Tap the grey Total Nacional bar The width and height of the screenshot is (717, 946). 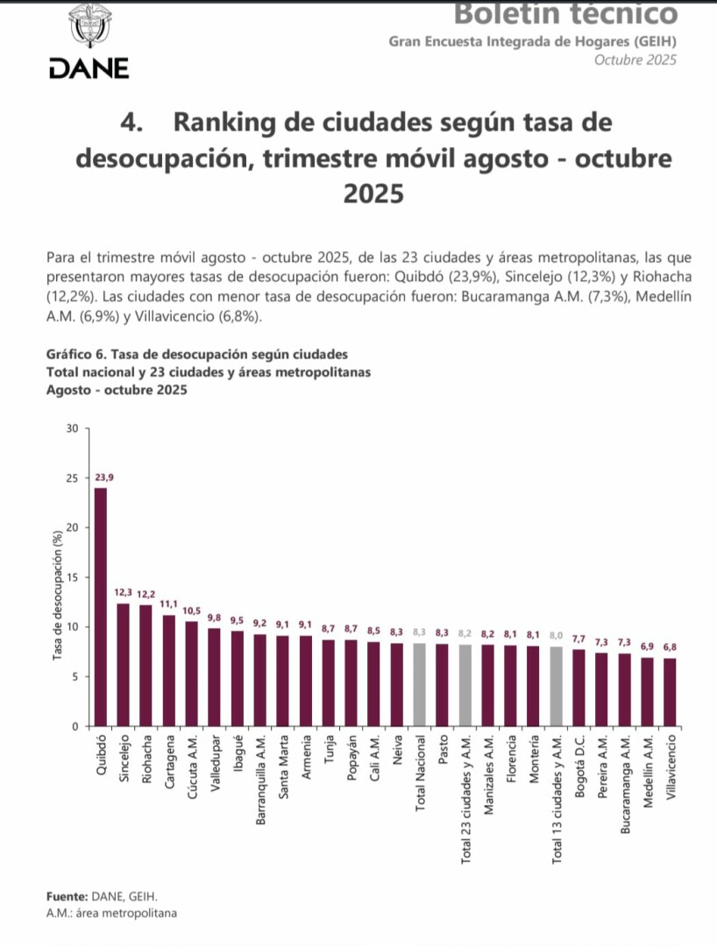tap(419, 684)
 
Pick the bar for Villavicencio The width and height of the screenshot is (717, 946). tap(670, 692)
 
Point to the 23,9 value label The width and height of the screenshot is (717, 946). tap(104, 477)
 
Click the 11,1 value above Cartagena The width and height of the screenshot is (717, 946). tap(169, 604)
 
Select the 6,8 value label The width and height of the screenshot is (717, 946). tap(670, 647)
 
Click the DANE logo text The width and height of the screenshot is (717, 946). tap(89, 67)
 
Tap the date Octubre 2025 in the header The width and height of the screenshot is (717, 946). tap(635, 60)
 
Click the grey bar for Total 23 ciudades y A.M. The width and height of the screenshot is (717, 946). tap(465, 685)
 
